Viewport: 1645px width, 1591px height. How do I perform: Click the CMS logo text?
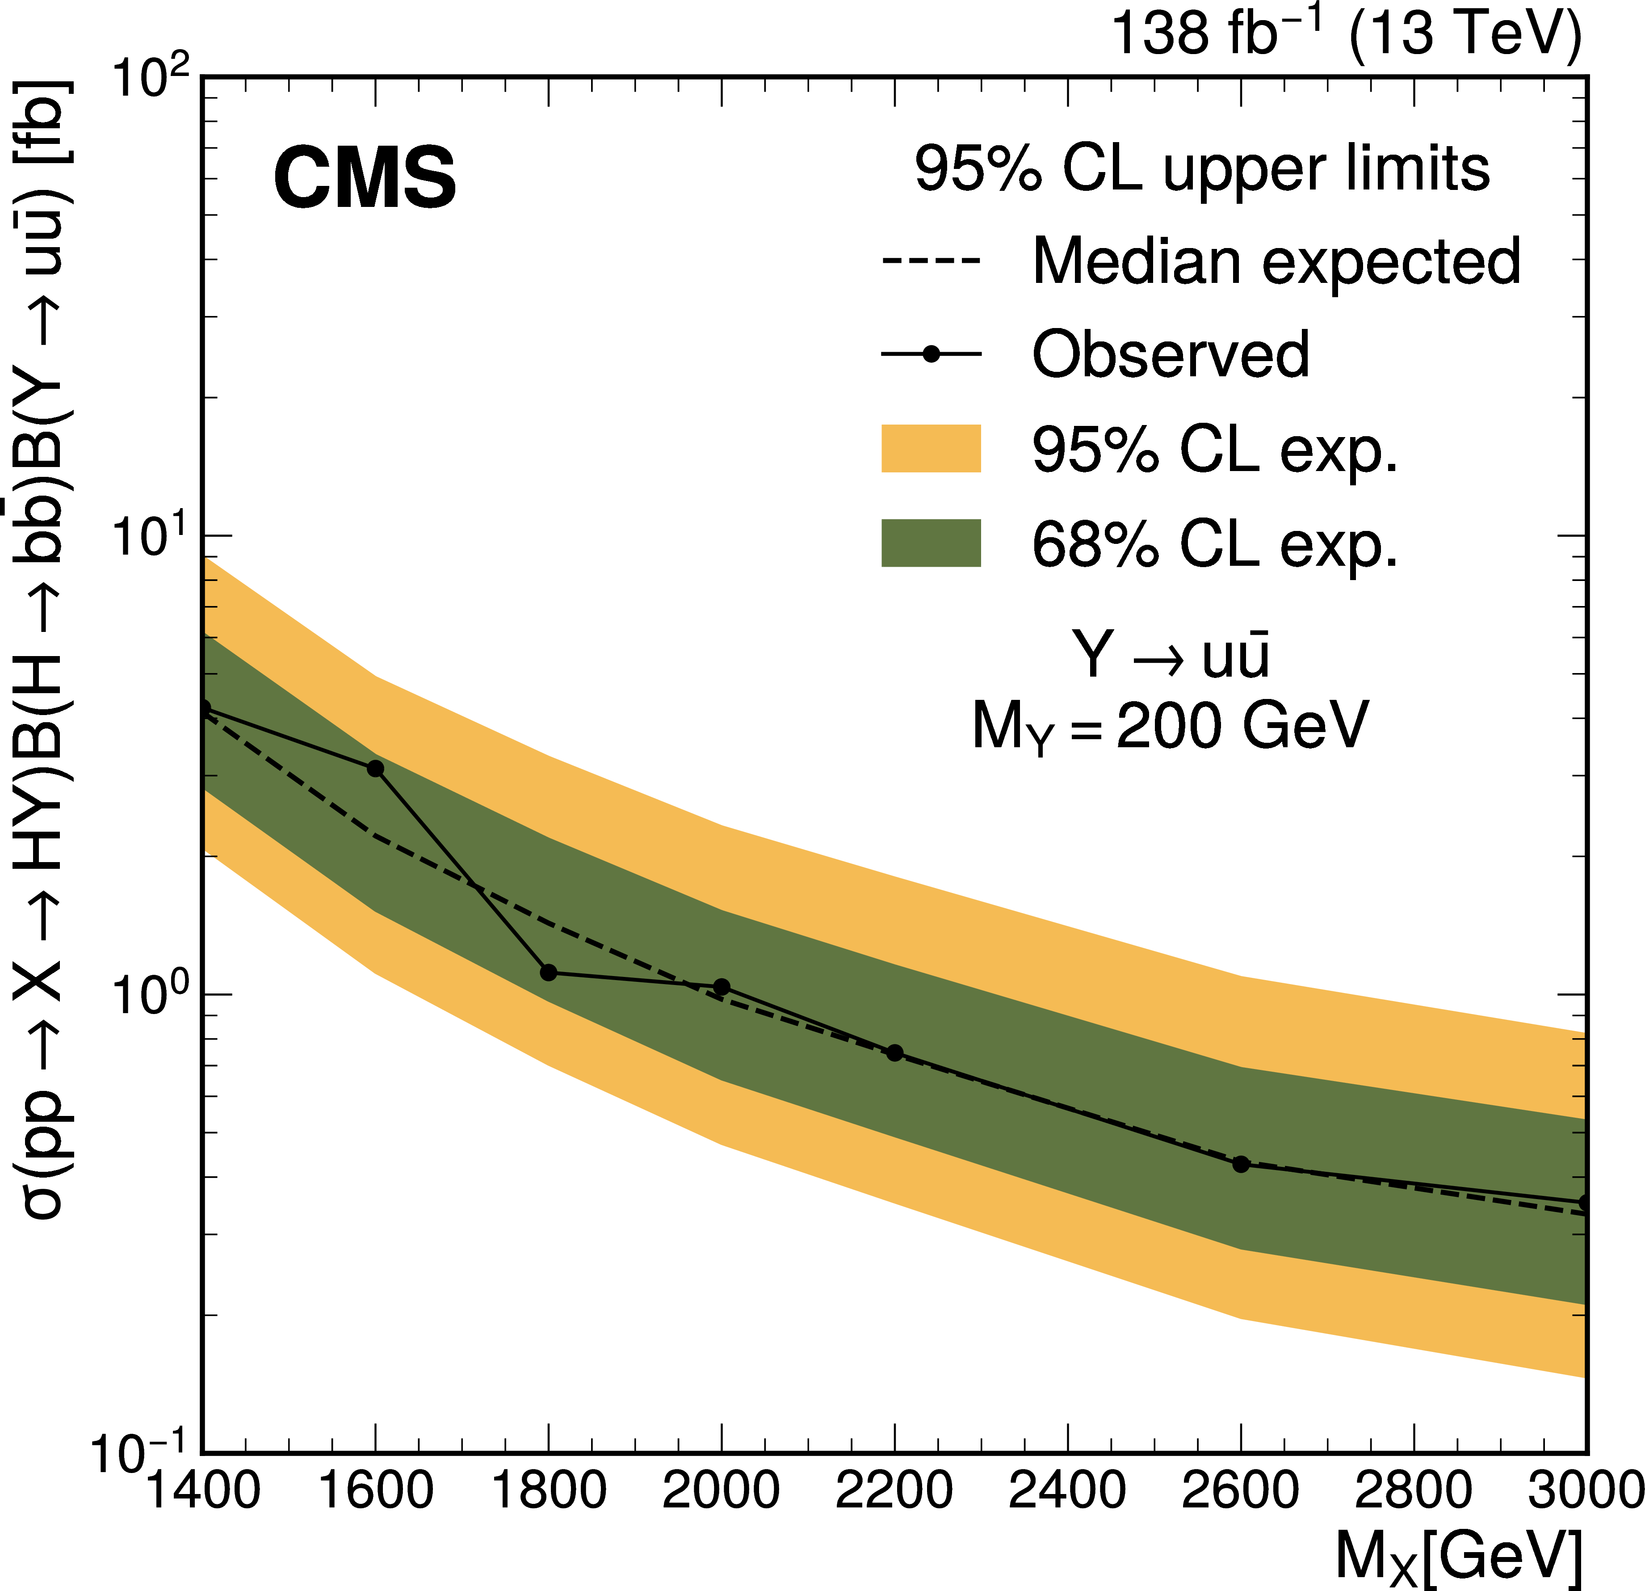click(365, 178)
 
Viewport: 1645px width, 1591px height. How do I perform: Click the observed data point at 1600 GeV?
click(375, 768)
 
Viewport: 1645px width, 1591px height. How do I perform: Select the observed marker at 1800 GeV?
click(548, 972)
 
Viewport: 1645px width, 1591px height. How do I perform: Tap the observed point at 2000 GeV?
click(721, 986)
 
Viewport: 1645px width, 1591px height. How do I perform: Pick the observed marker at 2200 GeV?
click(895, 1053)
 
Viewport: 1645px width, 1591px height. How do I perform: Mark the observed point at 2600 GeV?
click(1241, 1165)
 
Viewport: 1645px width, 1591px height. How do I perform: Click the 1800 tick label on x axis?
click(548, 1491)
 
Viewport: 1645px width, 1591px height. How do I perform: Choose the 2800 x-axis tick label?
click(1414, 1491)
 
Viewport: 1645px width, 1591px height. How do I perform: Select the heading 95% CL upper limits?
click(1202, 169)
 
